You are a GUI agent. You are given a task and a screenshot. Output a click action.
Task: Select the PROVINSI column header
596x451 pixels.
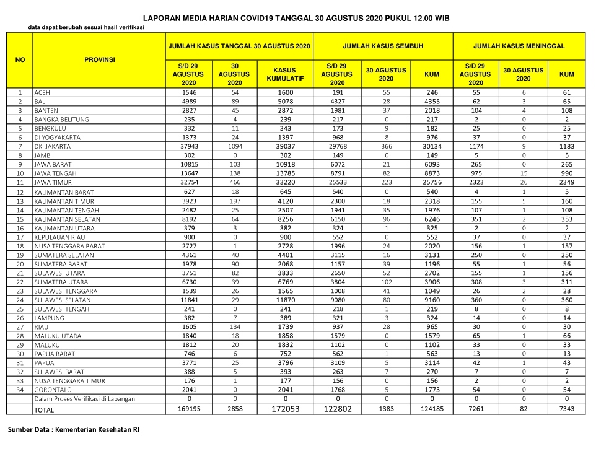(x=99, y=59)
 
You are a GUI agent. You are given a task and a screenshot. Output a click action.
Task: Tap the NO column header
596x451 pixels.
(x=20, y=59)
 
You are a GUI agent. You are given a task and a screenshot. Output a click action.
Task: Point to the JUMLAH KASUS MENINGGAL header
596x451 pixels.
(x=527, y=46)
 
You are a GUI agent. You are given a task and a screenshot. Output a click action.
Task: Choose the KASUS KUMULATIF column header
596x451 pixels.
(x=284, y=74)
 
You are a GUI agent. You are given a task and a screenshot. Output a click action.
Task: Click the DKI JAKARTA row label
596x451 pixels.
(x=53, y=146)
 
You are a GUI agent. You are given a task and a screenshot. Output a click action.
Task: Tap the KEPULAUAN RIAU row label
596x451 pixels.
(x=60, y=237)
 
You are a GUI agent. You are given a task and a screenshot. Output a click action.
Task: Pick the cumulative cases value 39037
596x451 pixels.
(x=284, y=146)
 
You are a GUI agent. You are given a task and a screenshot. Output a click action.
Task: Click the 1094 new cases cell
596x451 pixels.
(x=235, y=146)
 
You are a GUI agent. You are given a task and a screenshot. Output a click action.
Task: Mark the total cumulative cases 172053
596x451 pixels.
(x=284, y=409)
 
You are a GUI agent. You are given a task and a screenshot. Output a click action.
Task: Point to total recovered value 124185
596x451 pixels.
(x=432, y=409)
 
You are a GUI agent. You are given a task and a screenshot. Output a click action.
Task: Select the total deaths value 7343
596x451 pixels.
(x=566, y=409)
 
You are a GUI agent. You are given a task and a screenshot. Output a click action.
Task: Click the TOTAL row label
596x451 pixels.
(x=44, y=410)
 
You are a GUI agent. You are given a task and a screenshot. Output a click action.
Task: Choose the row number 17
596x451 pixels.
(x=20, y=237)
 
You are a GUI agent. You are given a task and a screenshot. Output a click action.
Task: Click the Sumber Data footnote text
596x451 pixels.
(x=73, y=430)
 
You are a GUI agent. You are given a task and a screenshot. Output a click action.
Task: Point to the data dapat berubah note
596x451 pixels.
(x=86, y=27)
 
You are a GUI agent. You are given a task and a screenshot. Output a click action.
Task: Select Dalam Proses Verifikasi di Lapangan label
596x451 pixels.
(x=84, y=399)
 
